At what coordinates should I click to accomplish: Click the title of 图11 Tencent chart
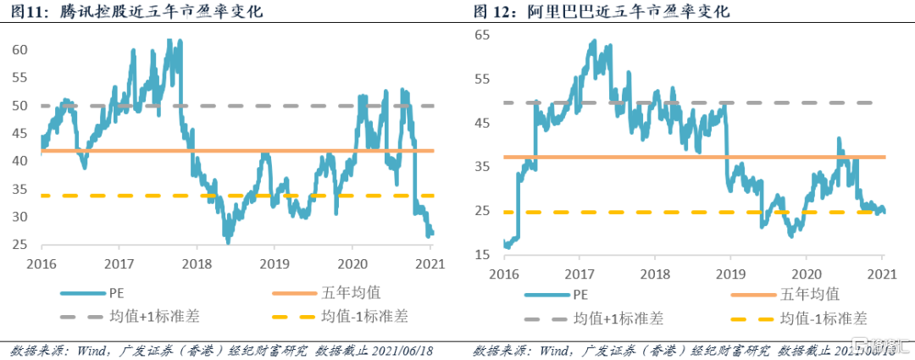click(136, 12)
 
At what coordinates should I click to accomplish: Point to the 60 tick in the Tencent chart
click(18, 50)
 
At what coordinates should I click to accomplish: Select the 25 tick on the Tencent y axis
click(18, 245)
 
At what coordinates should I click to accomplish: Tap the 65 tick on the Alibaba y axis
click(482, 36)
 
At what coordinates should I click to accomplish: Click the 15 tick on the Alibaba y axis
click(482, 254)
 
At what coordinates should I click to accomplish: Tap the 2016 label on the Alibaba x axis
click(505, 273)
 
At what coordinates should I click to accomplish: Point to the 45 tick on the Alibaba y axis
click(482, 123)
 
